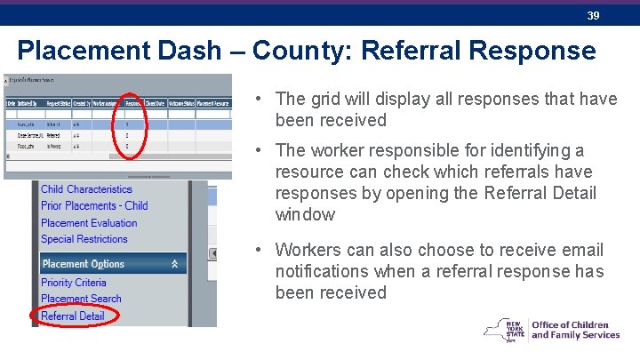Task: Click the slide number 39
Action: (592, 15)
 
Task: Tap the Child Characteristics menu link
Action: (86, 189)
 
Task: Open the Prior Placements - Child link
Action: (94, 205)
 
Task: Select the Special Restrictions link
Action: (84, 238)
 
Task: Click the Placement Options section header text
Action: (84, 264)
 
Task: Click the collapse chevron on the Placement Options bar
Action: (175, 264)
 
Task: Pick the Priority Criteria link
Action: (74, 283)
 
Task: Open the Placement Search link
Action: (81, 299)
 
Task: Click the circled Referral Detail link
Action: (73, 316)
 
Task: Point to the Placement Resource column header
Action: (214, 103)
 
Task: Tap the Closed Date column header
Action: (156, 103)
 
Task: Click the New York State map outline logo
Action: (504, 331)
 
